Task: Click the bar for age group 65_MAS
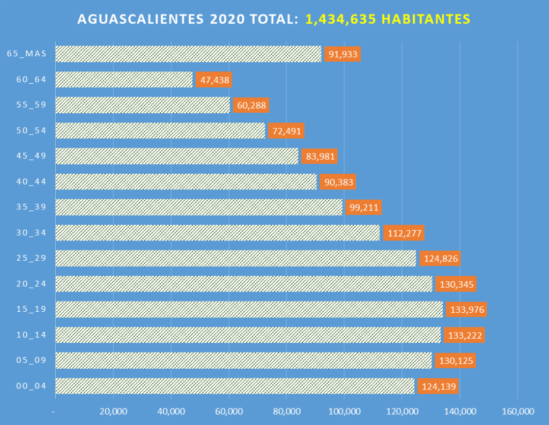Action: (x=188, y=54)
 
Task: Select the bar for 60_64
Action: (x=124, y=80)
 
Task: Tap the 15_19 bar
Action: (x=249, y=310)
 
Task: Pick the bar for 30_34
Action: (x=218, y=233)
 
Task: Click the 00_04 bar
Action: (x=235, y=386)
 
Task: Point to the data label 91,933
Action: (x=343, y=55)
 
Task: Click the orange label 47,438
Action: (x=214, y=80)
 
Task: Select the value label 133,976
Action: (x=466, y=310)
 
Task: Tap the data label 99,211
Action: (x=363, y=208)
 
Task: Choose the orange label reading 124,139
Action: (x=439, y=386)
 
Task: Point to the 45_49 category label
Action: (x=31, y=156)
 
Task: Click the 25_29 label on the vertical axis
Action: (x=31, y=258)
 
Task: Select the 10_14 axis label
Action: (x=31, y=335)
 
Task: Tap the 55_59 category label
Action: (x=31, y=105)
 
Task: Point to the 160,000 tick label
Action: (x=517, y=412)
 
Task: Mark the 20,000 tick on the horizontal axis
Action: (x=113, y=412)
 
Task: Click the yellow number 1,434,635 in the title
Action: (x=340, y=19)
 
